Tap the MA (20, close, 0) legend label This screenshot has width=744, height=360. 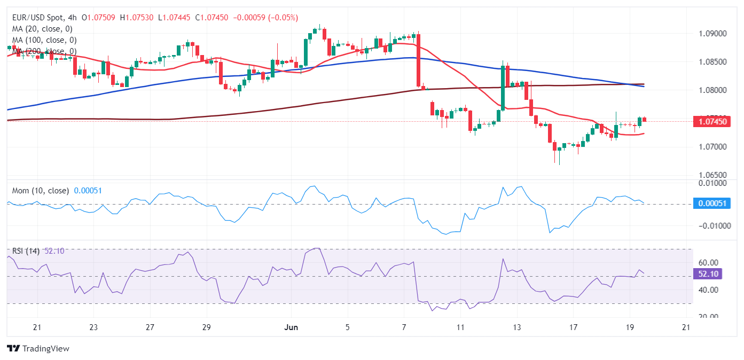pos(42,29)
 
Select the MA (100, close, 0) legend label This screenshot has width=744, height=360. pos(44,40)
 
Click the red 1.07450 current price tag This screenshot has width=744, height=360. pos(712,122)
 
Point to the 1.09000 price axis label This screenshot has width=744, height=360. pos(712,34)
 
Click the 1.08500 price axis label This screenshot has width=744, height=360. pos(712,62)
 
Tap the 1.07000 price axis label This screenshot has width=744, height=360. pos(712,146)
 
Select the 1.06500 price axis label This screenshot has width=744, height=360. pos(712,175)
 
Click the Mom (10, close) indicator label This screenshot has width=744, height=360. pos(41,191)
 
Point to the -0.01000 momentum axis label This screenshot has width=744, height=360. pos(711,226)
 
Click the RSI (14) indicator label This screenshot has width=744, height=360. pos(26,251)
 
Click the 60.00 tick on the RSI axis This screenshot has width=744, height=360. pos(708,263)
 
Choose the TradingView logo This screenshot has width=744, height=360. pos(38,349)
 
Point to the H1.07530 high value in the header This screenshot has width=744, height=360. pos(138,18)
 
